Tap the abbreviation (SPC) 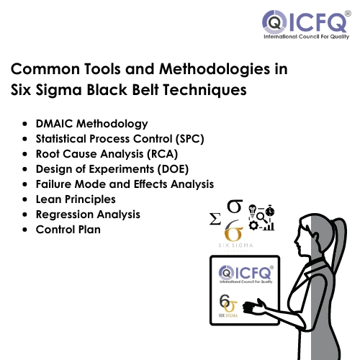[x=190, y=139]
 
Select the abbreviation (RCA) [x=163, y=154]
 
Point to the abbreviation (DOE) [x=173, y=169]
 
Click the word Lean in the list [x=48, y=199]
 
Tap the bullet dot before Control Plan [x=24, y=230]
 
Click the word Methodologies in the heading [x=215, y=70]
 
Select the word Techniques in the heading [x=205, y=90]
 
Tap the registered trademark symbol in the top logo [x=348, y=14]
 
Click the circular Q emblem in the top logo [x=274, y=22]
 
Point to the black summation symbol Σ [x=215, y=219]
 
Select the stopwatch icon [x=270, y=211]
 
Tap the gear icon [x=253, y=226]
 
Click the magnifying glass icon [x=262, y=218]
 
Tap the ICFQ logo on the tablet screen [x=246, y=274]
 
